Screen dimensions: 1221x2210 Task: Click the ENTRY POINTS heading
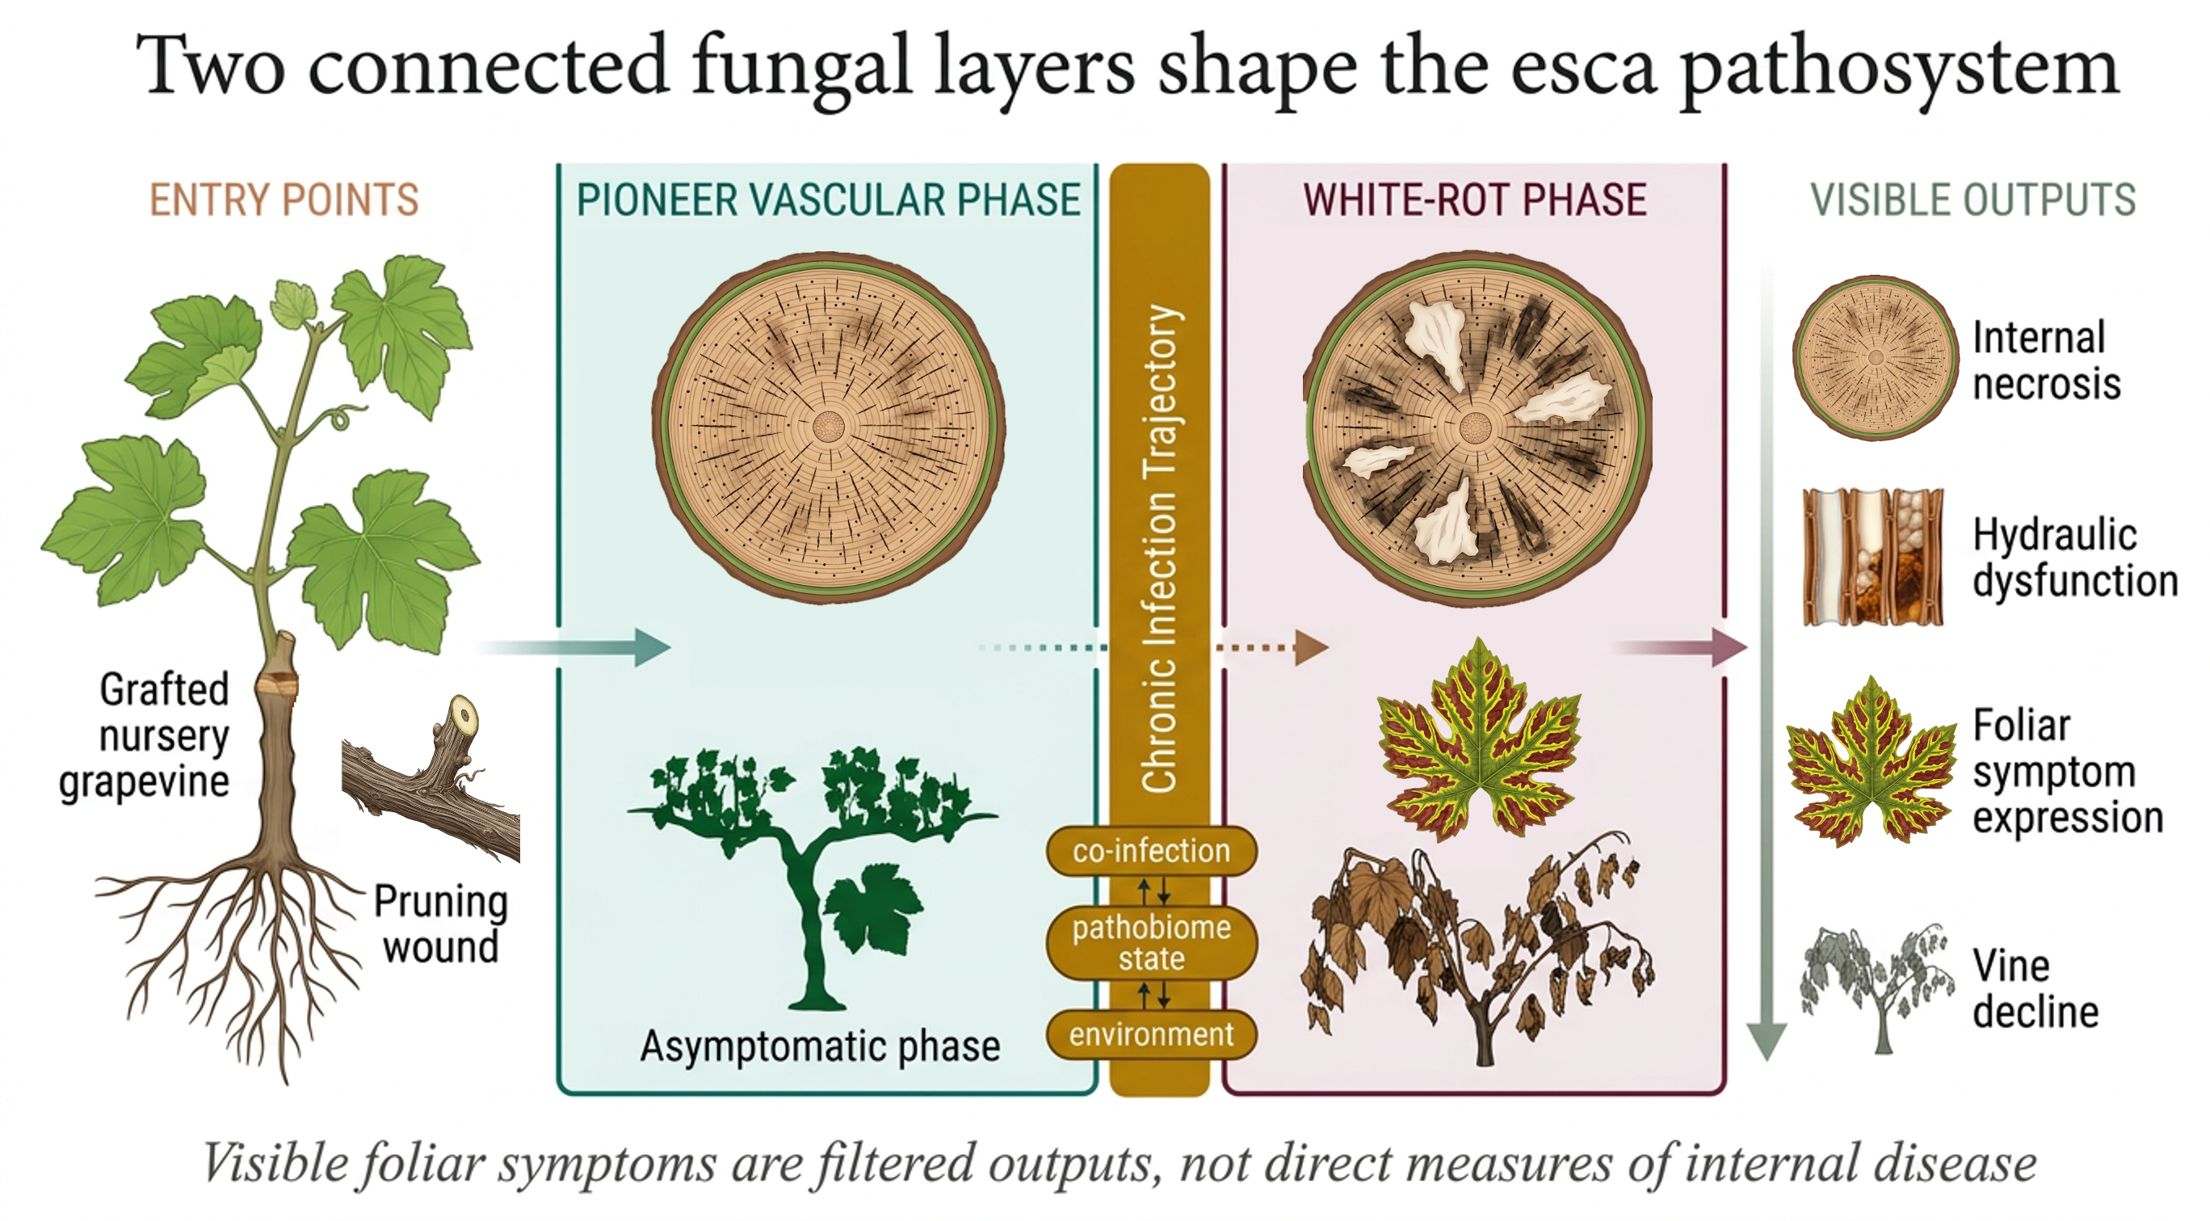pyautogui.click(x=284, y=200)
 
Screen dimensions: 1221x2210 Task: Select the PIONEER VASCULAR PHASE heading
pyautogui.click(x=828, y=200)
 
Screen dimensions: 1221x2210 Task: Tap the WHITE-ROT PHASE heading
pyautogui.click(x=1475, y=200)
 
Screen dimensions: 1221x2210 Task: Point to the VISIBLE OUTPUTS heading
pyautogui.click(x=1973, y=200)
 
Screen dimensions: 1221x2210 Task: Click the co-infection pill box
pyautogui.click(x=1151, y=851)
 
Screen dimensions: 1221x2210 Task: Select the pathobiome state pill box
pyautogui.click(x=1151, y=942)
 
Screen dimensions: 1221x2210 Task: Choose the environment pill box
pyautogui.click(x=1151, y=1035)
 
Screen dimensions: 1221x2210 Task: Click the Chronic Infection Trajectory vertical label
pyautogui.click(x=1160, y=549)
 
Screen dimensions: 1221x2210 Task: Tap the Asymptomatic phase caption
pyautogui.click(x=820, y=1046)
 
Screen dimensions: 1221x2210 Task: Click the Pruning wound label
pyautogui.click(x=441, y=924)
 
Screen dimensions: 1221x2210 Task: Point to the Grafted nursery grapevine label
pyautogui.click(x=150, y=735)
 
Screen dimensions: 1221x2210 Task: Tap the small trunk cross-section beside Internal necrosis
pyautogui.click(x=1876, y=357)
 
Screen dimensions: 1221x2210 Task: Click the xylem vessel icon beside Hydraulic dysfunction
pyautogui.click(x=1873, y=558)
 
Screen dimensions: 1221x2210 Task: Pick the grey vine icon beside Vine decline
pyautogui.click(x=1875, y=987)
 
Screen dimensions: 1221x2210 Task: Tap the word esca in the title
pyautogui.click(x=1583, y=67)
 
